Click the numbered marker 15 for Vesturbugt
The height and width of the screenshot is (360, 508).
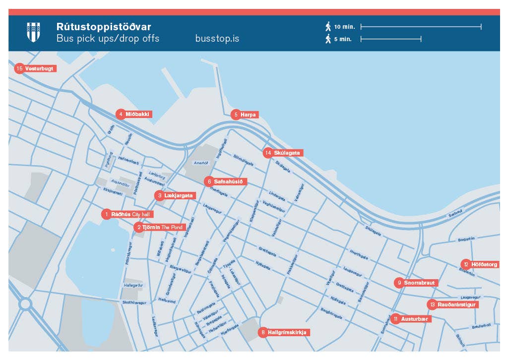pos(20,68)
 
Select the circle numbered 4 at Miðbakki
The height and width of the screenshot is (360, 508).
pos(120,114)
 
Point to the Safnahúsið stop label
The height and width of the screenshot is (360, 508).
pos(228,181)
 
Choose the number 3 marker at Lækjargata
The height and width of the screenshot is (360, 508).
pos(159,196)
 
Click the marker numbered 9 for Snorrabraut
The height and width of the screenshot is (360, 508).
pos(398,283)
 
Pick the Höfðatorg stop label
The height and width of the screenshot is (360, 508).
pos(484,264)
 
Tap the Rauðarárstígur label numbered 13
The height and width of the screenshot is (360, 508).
pos(456,304)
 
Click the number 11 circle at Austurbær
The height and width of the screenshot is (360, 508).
pos(395,319)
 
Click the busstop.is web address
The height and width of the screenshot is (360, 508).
pos(217,38)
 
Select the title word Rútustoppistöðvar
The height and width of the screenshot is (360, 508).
pos(104,26)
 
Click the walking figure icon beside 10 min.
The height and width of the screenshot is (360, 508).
pos(328,26)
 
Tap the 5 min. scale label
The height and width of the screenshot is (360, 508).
pos(342,39)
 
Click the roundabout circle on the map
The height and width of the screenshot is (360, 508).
pos(25,303)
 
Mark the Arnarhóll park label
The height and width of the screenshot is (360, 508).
pos(201,162)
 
